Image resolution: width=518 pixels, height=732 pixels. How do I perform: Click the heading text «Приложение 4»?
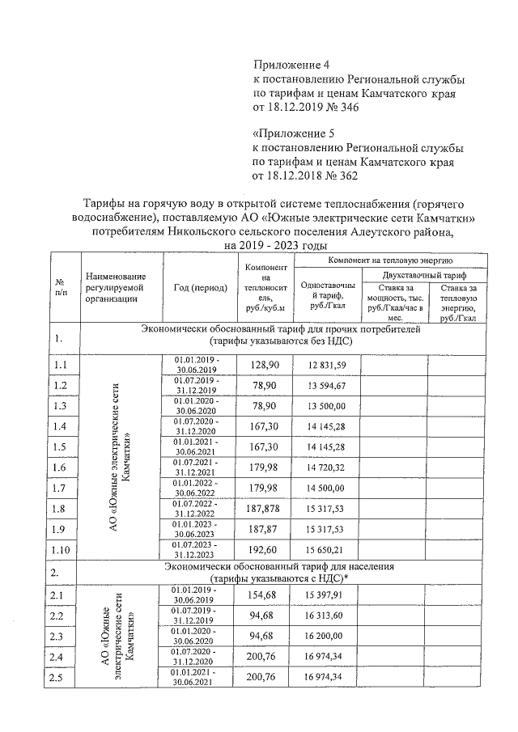(292, 64)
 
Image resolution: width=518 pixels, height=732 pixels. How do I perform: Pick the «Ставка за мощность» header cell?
(393, 303)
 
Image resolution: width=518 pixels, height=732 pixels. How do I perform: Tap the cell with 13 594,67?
(326, 386)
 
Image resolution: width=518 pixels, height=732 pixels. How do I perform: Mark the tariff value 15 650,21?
(326, 549)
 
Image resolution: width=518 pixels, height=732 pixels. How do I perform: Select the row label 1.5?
(60, 447)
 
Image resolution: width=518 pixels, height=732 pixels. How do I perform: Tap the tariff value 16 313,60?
(326, 616)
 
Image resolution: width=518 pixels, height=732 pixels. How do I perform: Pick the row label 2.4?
(60, 656)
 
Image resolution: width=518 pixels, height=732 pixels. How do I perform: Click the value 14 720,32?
(326, 468)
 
